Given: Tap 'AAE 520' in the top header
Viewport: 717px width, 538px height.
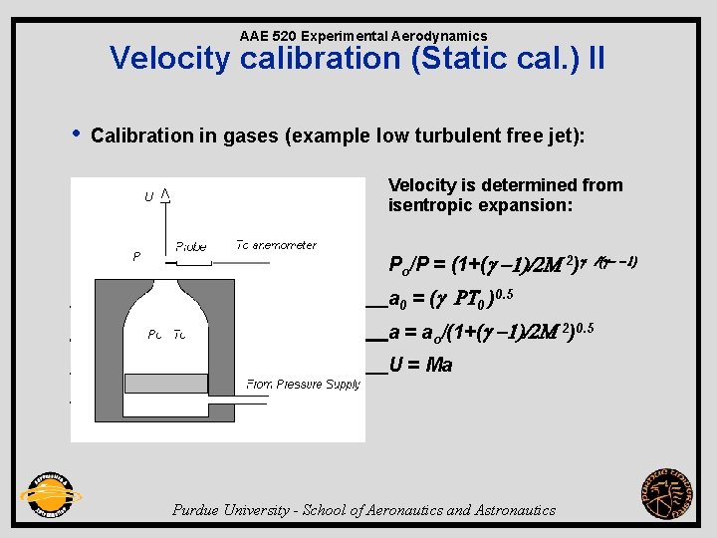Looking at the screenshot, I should tap(267, 36).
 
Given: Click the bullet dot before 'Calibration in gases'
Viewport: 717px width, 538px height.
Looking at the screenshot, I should tap(77, 134).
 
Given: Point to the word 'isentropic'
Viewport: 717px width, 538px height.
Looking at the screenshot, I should tap(432, 206).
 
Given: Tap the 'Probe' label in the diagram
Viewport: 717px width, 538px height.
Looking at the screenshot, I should tap(191, 246).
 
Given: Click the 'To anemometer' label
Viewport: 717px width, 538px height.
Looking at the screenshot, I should tap(276, 245).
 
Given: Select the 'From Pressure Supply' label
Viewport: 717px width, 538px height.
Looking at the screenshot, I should tap(303, 385).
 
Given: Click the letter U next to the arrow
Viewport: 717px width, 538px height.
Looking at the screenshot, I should tap(148, 197).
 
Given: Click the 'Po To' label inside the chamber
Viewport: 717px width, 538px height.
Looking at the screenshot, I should tap(166, 335).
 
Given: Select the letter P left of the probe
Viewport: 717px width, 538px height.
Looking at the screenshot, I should tap(136, 256).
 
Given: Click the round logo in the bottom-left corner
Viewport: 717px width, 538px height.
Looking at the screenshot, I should tap(50, 495).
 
